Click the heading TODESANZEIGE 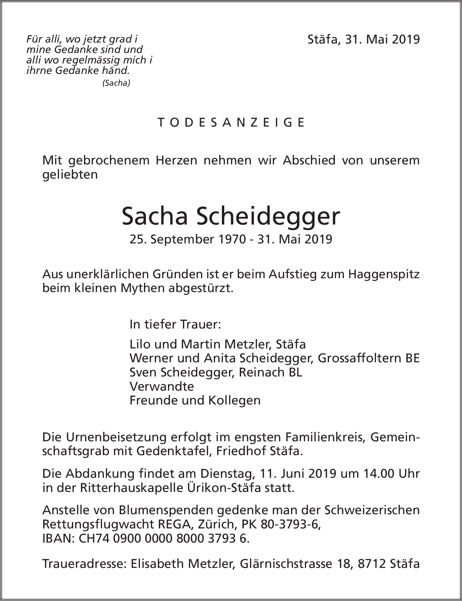pyautogui.click(x=231, y=122)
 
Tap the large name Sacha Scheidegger pyautogui.click(x=231, y=217)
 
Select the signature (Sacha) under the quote pyautogui.click(x=116, y=83)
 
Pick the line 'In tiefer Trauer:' pyautogui.click(x=175, y=324)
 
